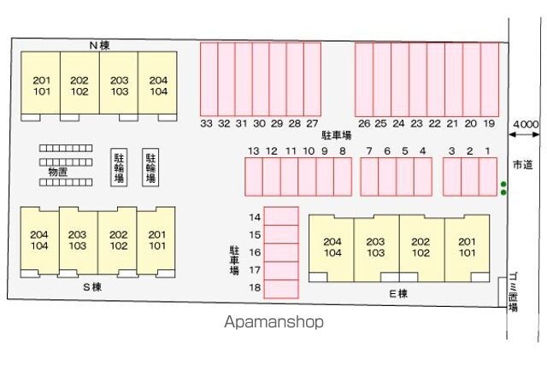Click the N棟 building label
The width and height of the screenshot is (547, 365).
pos(99,44)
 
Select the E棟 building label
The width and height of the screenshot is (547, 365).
pos(398,293)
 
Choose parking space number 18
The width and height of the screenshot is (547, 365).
pos(255,288)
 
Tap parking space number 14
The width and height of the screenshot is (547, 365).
pos(255,217)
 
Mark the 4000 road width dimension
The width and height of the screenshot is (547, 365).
pos(525,125)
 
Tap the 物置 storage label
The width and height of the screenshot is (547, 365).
pos(57,172)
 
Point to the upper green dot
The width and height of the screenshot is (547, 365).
pos(503,183)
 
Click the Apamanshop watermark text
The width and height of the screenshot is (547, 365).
pos(273,322)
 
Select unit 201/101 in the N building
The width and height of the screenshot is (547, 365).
pos(42,85)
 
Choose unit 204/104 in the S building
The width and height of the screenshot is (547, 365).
pos(38,240)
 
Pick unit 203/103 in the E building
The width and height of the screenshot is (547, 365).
pos(375,246)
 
